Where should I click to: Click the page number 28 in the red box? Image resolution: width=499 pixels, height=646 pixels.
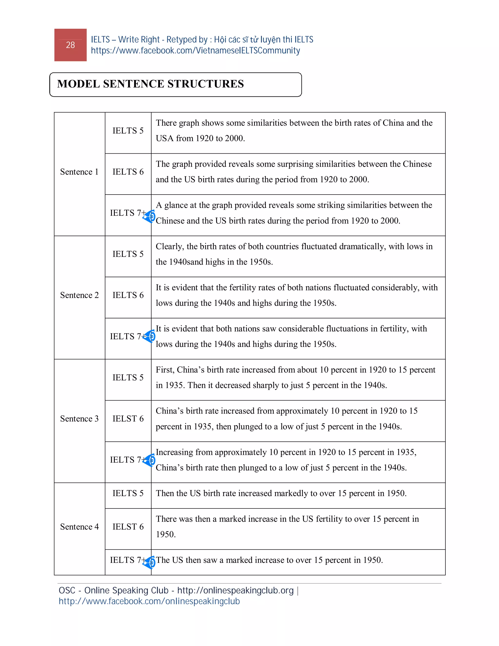(70, 45)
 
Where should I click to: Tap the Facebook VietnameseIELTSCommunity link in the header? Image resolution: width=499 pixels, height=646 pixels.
(195, 50)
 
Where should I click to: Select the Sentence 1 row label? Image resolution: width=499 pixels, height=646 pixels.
(79, 172)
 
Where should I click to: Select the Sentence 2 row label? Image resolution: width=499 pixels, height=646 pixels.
(79, 295)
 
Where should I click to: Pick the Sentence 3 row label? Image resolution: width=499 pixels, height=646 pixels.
(79, 419)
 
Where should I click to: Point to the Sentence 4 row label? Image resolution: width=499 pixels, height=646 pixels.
(79, 527)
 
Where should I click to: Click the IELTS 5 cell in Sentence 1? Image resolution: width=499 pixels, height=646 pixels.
(128, 131)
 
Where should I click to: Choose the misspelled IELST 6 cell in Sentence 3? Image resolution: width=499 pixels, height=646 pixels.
(128, 419)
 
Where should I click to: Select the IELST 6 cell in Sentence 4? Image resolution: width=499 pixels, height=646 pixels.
(128, 527)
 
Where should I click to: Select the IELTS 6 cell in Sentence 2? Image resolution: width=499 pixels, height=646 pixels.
(128, 295)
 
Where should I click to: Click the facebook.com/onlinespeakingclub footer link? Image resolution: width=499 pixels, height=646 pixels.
(149, 601)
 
